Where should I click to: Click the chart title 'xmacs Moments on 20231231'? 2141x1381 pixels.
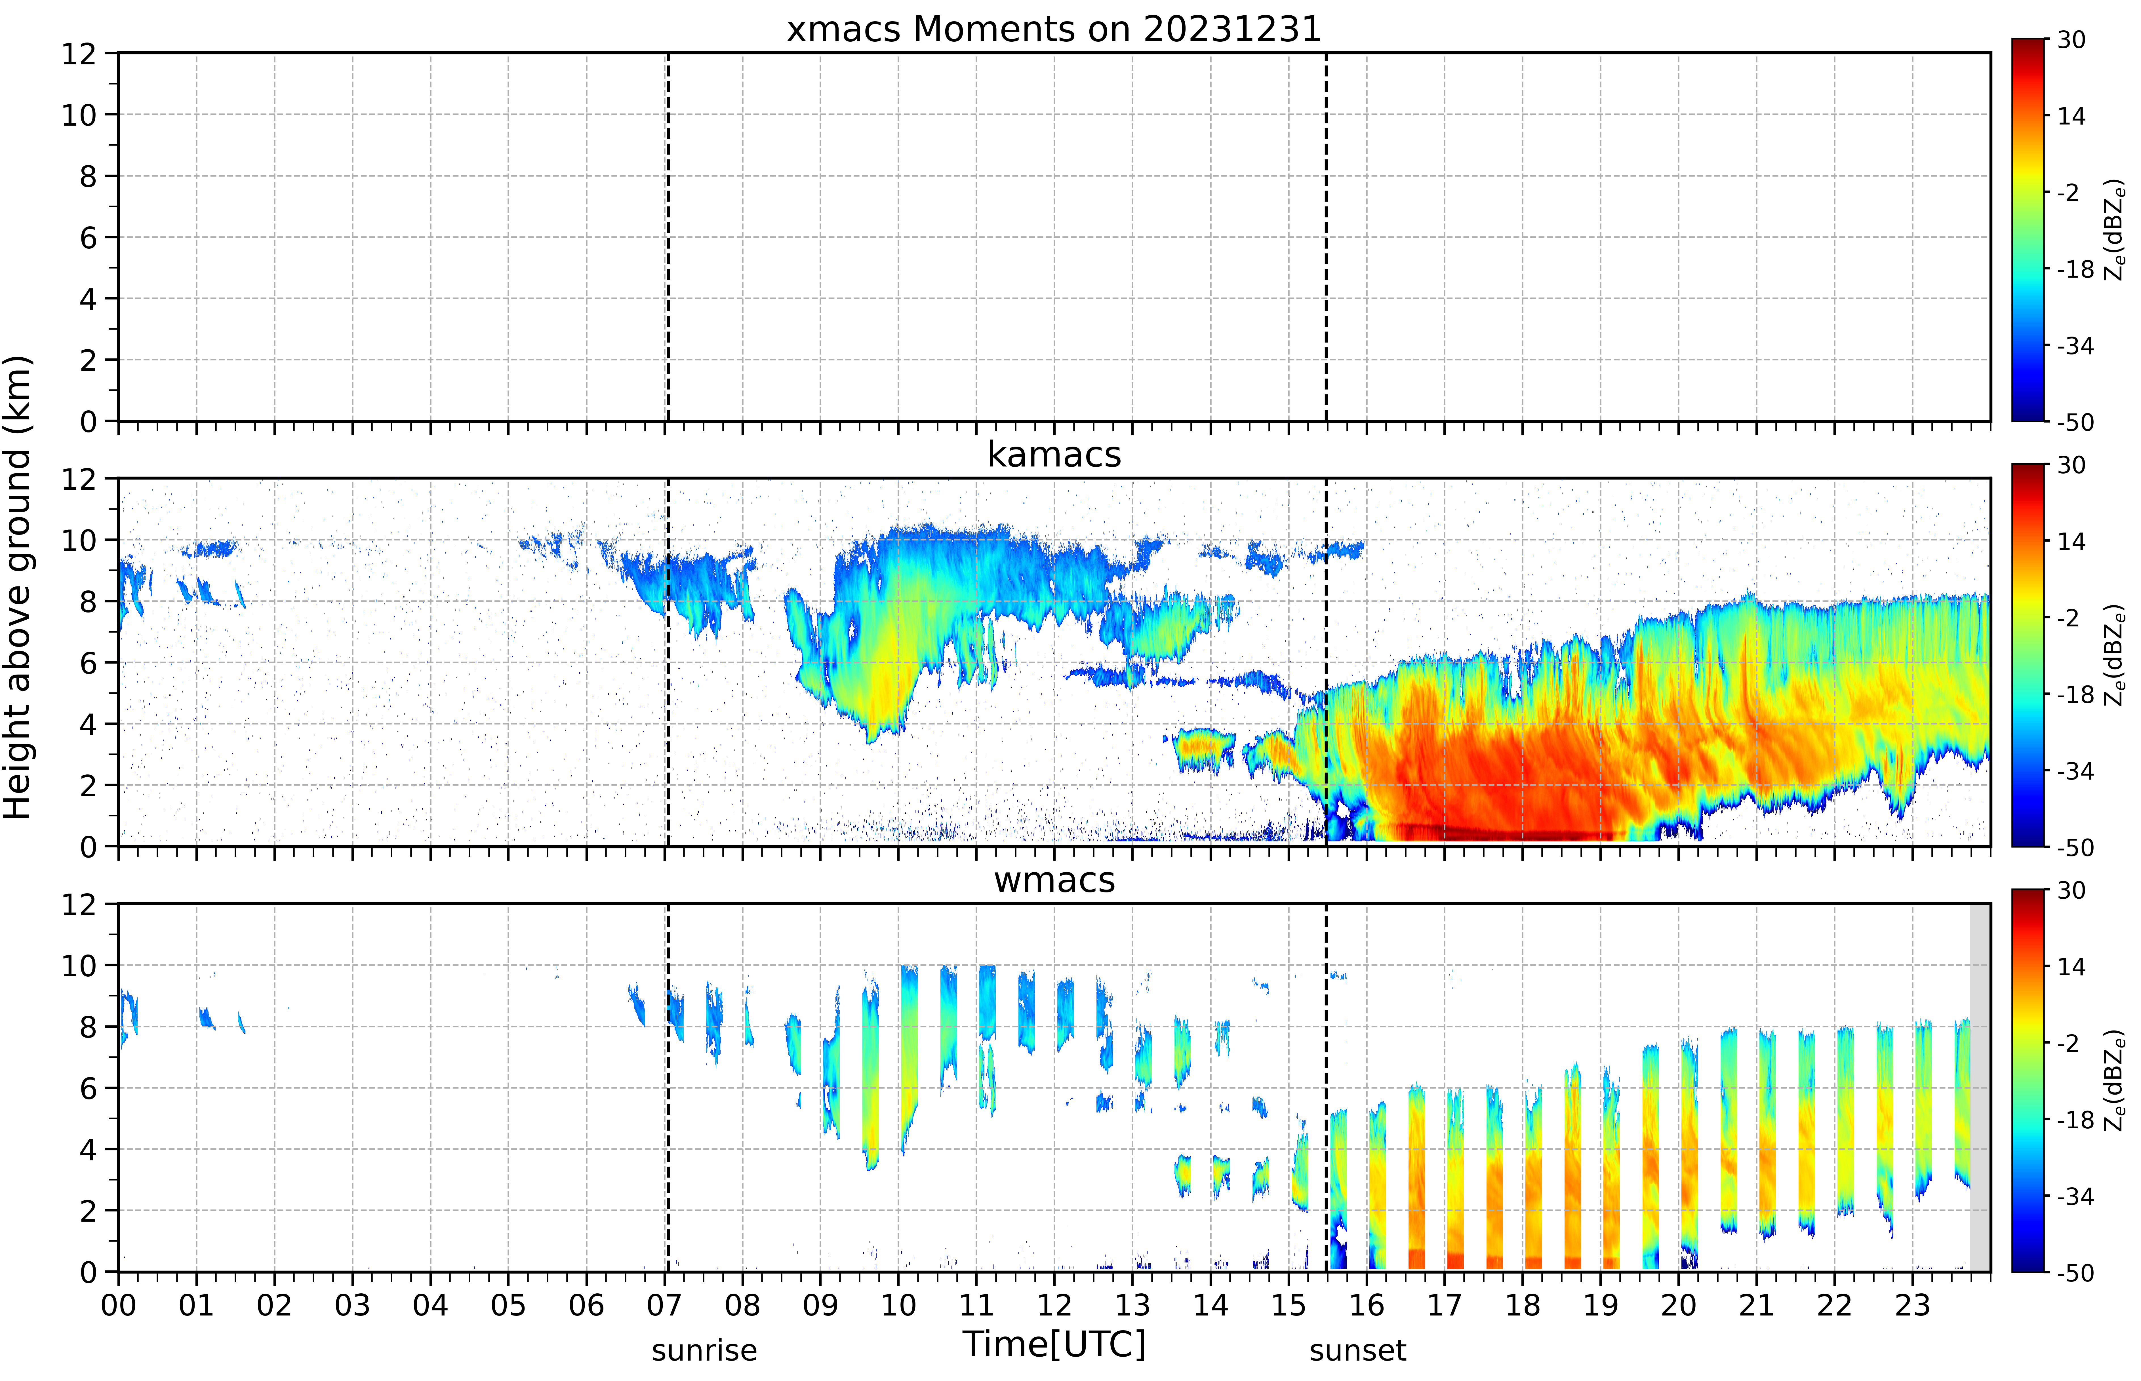(x=1054, y=29)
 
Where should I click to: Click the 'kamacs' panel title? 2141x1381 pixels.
(x=1054, y=455)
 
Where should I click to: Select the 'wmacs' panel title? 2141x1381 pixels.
(x=1054, y=880)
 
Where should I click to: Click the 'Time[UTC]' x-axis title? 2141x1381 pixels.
(x=1054, y=1344)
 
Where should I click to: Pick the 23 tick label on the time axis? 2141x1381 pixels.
(x=1912, y=1305)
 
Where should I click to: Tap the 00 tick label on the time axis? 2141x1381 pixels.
(x=118, y=1305)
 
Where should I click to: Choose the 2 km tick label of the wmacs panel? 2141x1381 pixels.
(x=88, y=1211)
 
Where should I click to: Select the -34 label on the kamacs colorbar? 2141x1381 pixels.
(x=2075, y=771)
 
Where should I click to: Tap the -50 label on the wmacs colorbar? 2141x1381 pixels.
(x=2075, y=1272)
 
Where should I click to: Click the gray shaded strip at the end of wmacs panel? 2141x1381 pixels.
(x=1980, y=1087)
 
